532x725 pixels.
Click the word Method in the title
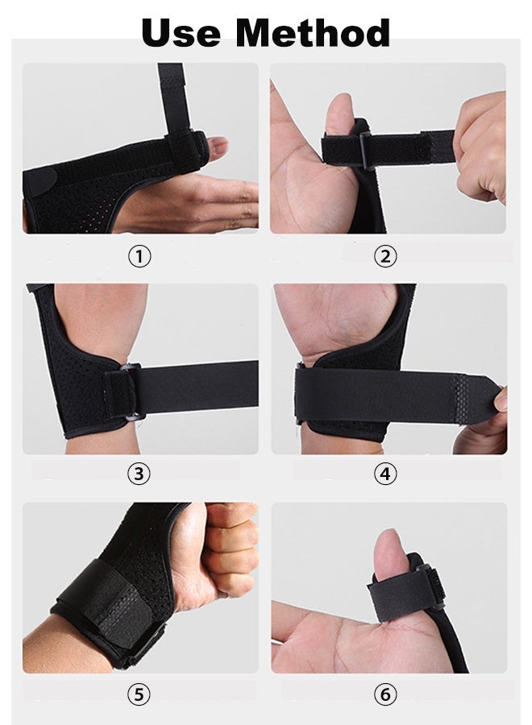pos(313,33)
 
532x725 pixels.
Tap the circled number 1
pos(139,257)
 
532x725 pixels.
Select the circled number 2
pos(385,257)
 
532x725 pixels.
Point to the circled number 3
pos(139,474)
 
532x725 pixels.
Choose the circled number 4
pos(385,474)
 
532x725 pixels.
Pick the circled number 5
pos(139,692)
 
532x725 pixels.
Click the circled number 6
pos(385,692)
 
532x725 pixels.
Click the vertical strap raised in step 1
pos(171,93)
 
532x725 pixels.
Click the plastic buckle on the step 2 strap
pos(360,148)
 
